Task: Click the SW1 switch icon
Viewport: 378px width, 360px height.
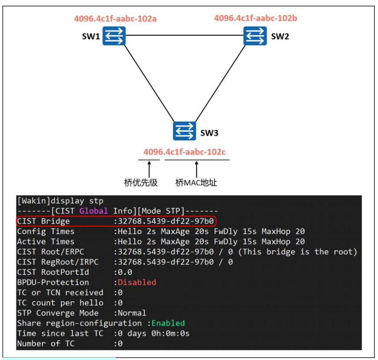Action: point(114,36)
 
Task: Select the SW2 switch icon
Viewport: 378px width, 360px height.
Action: point(255,36)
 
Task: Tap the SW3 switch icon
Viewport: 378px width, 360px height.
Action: point(184,131)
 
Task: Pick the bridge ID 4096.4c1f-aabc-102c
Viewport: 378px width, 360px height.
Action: point(184,152)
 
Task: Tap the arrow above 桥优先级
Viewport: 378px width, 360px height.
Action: point(149,168)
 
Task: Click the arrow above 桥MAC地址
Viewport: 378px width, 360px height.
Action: point(197,168)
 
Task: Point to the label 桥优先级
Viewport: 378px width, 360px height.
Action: point(141,182)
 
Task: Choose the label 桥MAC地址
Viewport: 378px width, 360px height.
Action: point(196,182)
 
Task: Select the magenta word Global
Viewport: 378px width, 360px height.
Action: point(94,211)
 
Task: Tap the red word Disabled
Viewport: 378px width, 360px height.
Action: point(137,282)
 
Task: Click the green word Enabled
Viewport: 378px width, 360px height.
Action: point(168,323)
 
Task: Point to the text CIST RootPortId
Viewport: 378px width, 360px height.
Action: point(53,272)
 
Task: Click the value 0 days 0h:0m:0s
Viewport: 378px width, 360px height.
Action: point(154,333)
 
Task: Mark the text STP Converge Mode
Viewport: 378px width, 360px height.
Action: point(57,313)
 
